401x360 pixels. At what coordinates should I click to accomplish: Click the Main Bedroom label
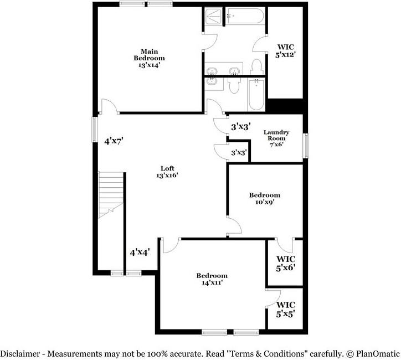(x=149, y=58)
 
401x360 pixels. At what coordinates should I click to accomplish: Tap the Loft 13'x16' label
(x=167, y=172)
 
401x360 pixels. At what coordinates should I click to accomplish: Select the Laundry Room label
(x=276, y=138)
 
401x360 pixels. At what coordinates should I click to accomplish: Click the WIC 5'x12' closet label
(x=286, y=50)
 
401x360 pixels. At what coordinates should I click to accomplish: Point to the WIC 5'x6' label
(x=286, y=264)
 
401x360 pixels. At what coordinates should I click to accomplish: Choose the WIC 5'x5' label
(x=286, y=310)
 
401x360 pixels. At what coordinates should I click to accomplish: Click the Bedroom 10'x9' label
(x=265, y=198)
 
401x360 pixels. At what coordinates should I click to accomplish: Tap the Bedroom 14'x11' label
(x=212, y=279)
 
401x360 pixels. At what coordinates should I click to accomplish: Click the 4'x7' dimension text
(x=114, y=141)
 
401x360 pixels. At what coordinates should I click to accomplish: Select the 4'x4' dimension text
(x=140, y=253)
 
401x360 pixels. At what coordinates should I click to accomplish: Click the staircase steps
(x=111, y=195)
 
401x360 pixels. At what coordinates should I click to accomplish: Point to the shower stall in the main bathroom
(x=213, y=17)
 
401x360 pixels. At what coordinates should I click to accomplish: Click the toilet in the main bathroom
(x=256, y=67)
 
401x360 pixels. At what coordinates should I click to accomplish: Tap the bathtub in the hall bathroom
(x=256, y=94)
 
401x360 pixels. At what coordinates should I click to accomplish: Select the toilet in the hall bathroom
(x=234, y=85)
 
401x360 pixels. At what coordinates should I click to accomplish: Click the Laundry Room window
(x=306, y=146)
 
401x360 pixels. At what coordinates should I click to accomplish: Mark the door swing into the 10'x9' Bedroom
(x=234, y=225)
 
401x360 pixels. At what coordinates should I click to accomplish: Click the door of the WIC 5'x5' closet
(x=274, y=297)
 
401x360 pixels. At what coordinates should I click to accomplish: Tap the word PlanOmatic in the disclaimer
(x=378, y=354)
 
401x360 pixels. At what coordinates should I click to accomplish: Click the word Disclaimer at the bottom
(x=20, y=354)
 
